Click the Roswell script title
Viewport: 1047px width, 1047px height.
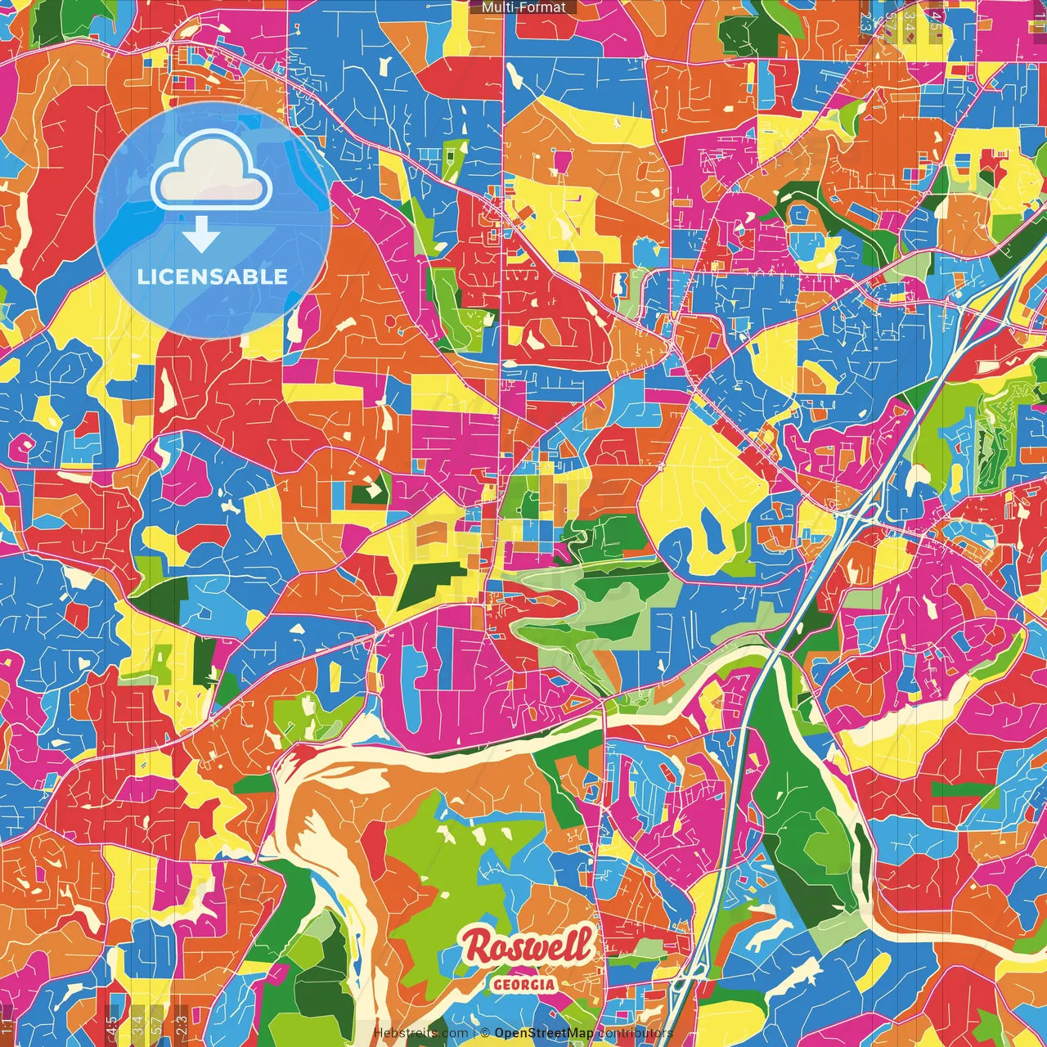527,946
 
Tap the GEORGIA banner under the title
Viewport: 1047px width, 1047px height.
523,984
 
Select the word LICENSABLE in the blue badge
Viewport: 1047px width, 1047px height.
213,276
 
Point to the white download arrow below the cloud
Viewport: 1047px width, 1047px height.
201,236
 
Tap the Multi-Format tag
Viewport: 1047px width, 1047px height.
523,7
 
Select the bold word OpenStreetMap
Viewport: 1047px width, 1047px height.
544,1033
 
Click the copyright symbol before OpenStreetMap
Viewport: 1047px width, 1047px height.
485,1033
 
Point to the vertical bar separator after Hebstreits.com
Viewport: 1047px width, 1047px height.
474,1033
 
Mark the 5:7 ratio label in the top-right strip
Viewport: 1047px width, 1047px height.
889,21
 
